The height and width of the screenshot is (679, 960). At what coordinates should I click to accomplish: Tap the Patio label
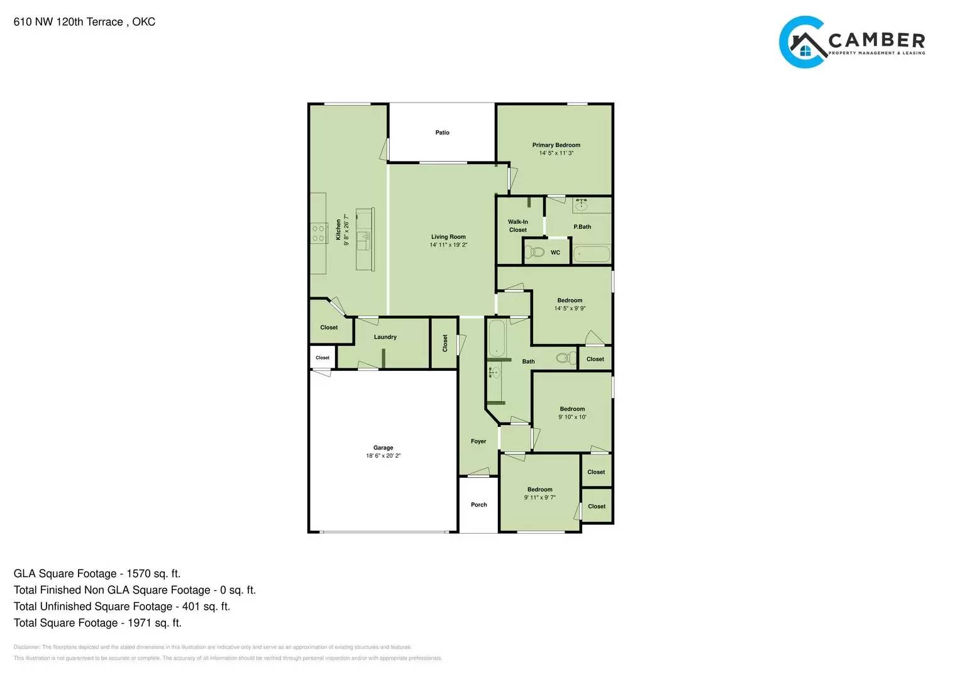pos(442,133)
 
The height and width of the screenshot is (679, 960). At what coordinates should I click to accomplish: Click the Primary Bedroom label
pos(556,145)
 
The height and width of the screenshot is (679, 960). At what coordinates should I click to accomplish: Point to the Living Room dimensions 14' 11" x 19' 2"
pos(448,245)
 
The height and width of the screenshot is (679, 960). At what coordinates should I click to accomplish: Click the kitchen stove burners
pos(318,233)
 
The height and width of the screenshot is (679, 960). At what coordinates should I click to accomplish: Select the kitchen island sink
pos(363,238)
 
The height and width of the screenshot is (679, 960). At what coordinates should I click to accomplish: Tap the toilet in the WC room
pos(536,252)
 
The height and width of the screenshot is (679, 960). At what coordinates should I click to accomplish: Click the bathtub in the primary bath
pos(592,255)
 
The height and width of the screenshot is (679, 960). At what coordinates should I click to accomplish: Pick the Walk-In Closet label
pos(518,226)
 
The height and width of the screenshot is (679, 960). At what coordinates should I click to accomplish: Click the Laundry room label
pos(385,337)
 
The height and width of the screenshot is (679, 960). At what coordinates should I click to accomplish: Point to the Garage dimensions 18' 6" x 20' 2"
pos(383,456)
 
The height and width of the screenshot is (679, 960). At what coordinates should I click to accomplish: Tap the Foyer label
pos(478,441)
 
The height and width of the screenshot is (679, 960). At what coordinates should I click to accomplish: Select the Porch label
pos(478,505)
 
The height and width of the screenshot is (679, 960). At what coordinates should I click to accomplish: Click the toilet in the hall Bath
pos(566,358)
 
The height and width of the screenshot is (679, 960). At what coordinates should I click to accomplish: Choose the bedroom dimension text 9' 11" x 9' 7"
pos(539,498)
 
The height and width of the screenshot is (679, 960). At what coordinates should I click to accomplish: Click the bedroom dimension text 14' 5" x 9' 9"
pos(570,309)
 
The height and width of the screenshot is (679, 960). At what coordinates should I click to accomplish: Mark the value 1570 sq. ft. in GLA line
pos(153,573)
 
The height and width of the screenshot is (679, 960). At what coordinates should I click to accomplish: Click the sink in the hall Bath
pos(494,373)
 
